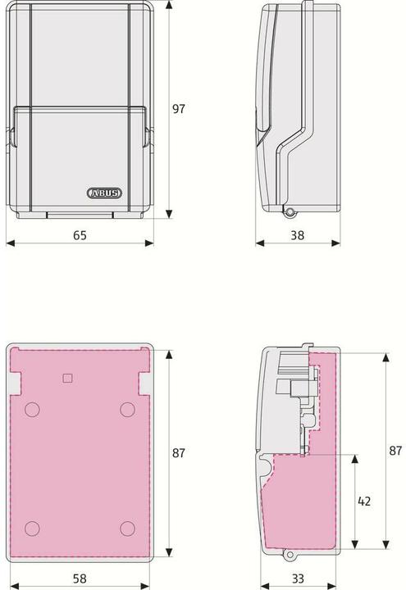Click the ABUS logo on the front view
(x=103, y=194)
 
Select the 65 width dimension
(x=80, y=235)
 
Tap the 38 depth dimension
(x=297, y=235)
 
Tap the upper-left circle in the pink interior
(x=32, y=409)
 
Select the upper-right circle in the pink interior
(x=126, y=409)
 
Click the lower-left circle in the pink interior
(x=32, y=528)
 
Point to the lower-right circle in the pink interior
(x=126, y=528)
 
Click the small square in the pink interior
(x=68, y=377)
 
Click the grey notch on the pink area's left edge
(x=16, y=383)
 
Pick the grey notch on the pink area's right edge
(x=144, y=383)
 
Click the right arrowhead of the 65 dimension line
(x=151, y=243)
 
